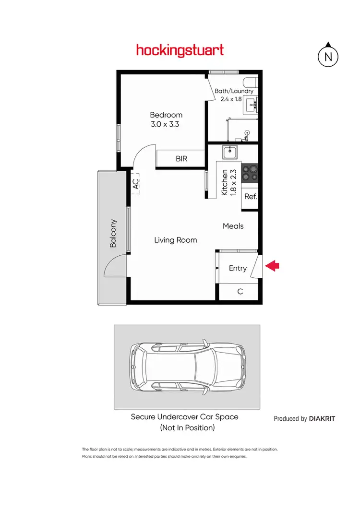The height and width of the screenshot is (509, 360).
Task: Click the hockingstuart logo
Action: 180,50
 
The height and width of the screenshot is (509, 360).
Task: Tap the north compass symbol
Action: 328,56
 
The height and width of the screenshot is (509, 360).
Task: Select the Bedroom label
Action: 166,115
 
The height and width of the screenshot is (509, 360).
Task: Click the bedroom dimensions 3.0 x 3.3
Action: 166,124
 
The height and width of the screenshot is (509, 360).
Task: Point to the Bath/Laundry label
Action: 234,91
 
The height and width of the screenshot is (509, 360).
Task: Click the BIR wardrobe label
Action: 181,159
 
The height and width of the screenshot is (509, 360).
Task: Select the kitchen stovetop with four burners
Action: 250,173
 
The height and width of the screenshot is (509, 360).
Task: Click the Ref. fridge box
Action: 251,196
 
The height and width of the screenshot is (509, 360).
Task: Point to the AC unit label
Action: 135,183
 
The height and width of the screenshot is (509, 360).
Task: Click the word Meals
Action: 233,226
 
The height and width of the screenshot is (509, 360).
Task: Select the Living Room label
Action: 175,240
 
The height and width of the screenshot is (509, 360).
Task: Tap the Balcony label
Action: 113,233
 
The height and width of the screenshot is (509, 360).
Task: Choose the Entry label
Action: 238,268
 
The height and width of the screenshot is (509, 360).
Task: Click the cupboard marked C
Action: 240,291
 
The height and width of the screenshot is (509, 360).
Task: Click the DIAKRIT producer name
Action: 322,418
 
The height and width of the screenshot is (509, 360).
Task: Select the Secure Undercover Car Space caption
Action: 185,417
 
